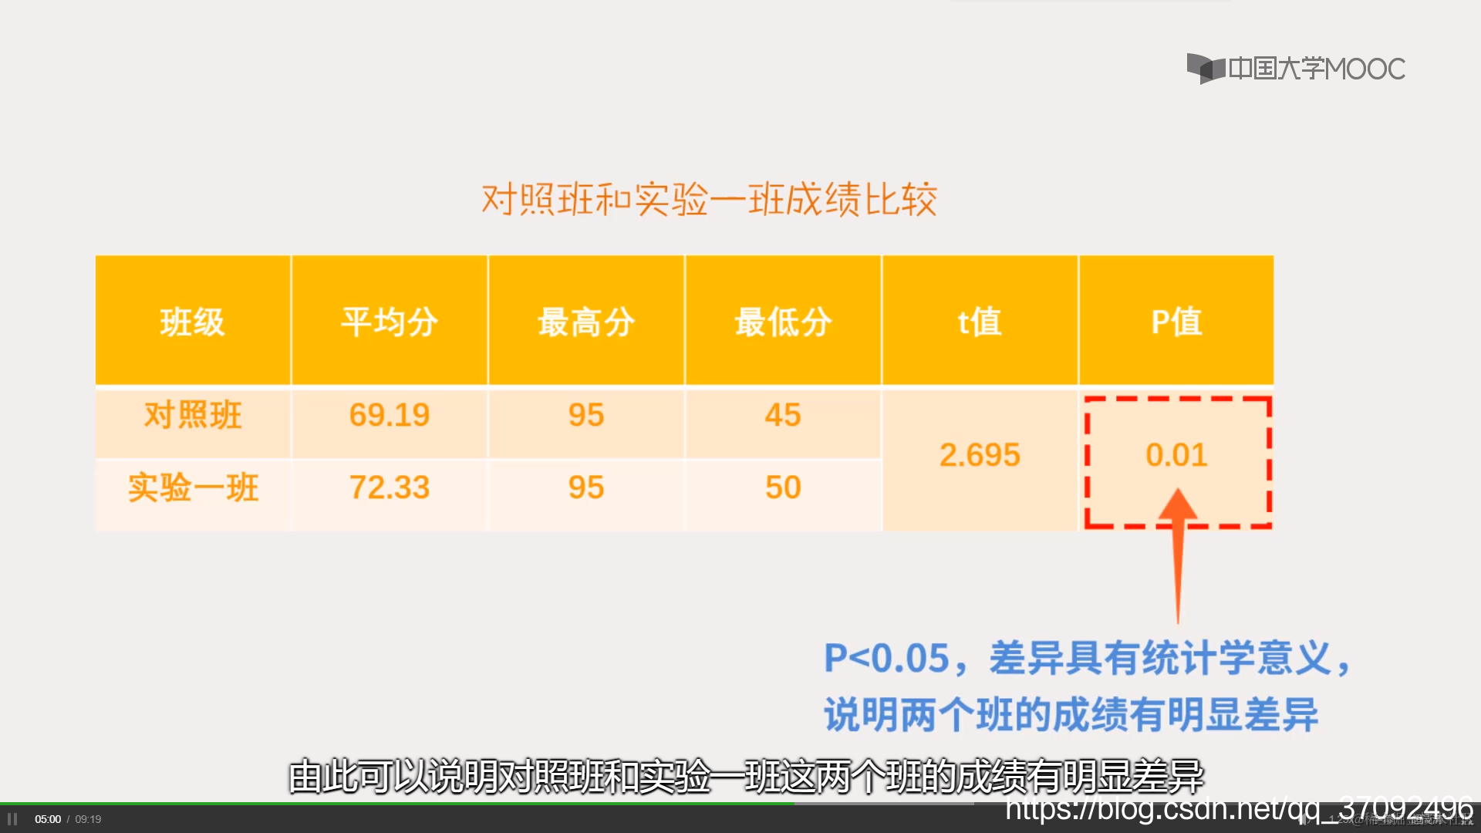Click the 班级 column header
tap(192, 322)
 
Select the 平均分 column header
tap(390, 322)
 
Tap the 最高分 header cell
tap(586, 322)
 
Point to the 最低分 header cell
tap(783, 322)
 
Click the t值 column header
tap(980, 322)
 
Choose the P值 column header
tap(1176, 322)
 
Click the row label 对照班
tap(193, 415)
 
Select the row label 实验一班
tap(193, 487)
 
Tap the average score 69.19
tap(390, 415)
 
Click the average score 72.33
tap(390, 487)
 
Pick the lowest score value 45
tap(783, 415)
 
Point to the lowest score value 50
tap(783, 487)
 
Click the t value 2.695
tap(980, 455)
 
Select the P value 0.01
tap(1176, 455)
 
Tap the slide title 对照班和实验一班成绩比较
tap(709, 200)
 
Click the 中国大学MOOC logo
tap(1296, 69)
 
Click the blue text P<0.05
tap(886, 659)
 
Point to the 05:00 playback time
tap(48, 819)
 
